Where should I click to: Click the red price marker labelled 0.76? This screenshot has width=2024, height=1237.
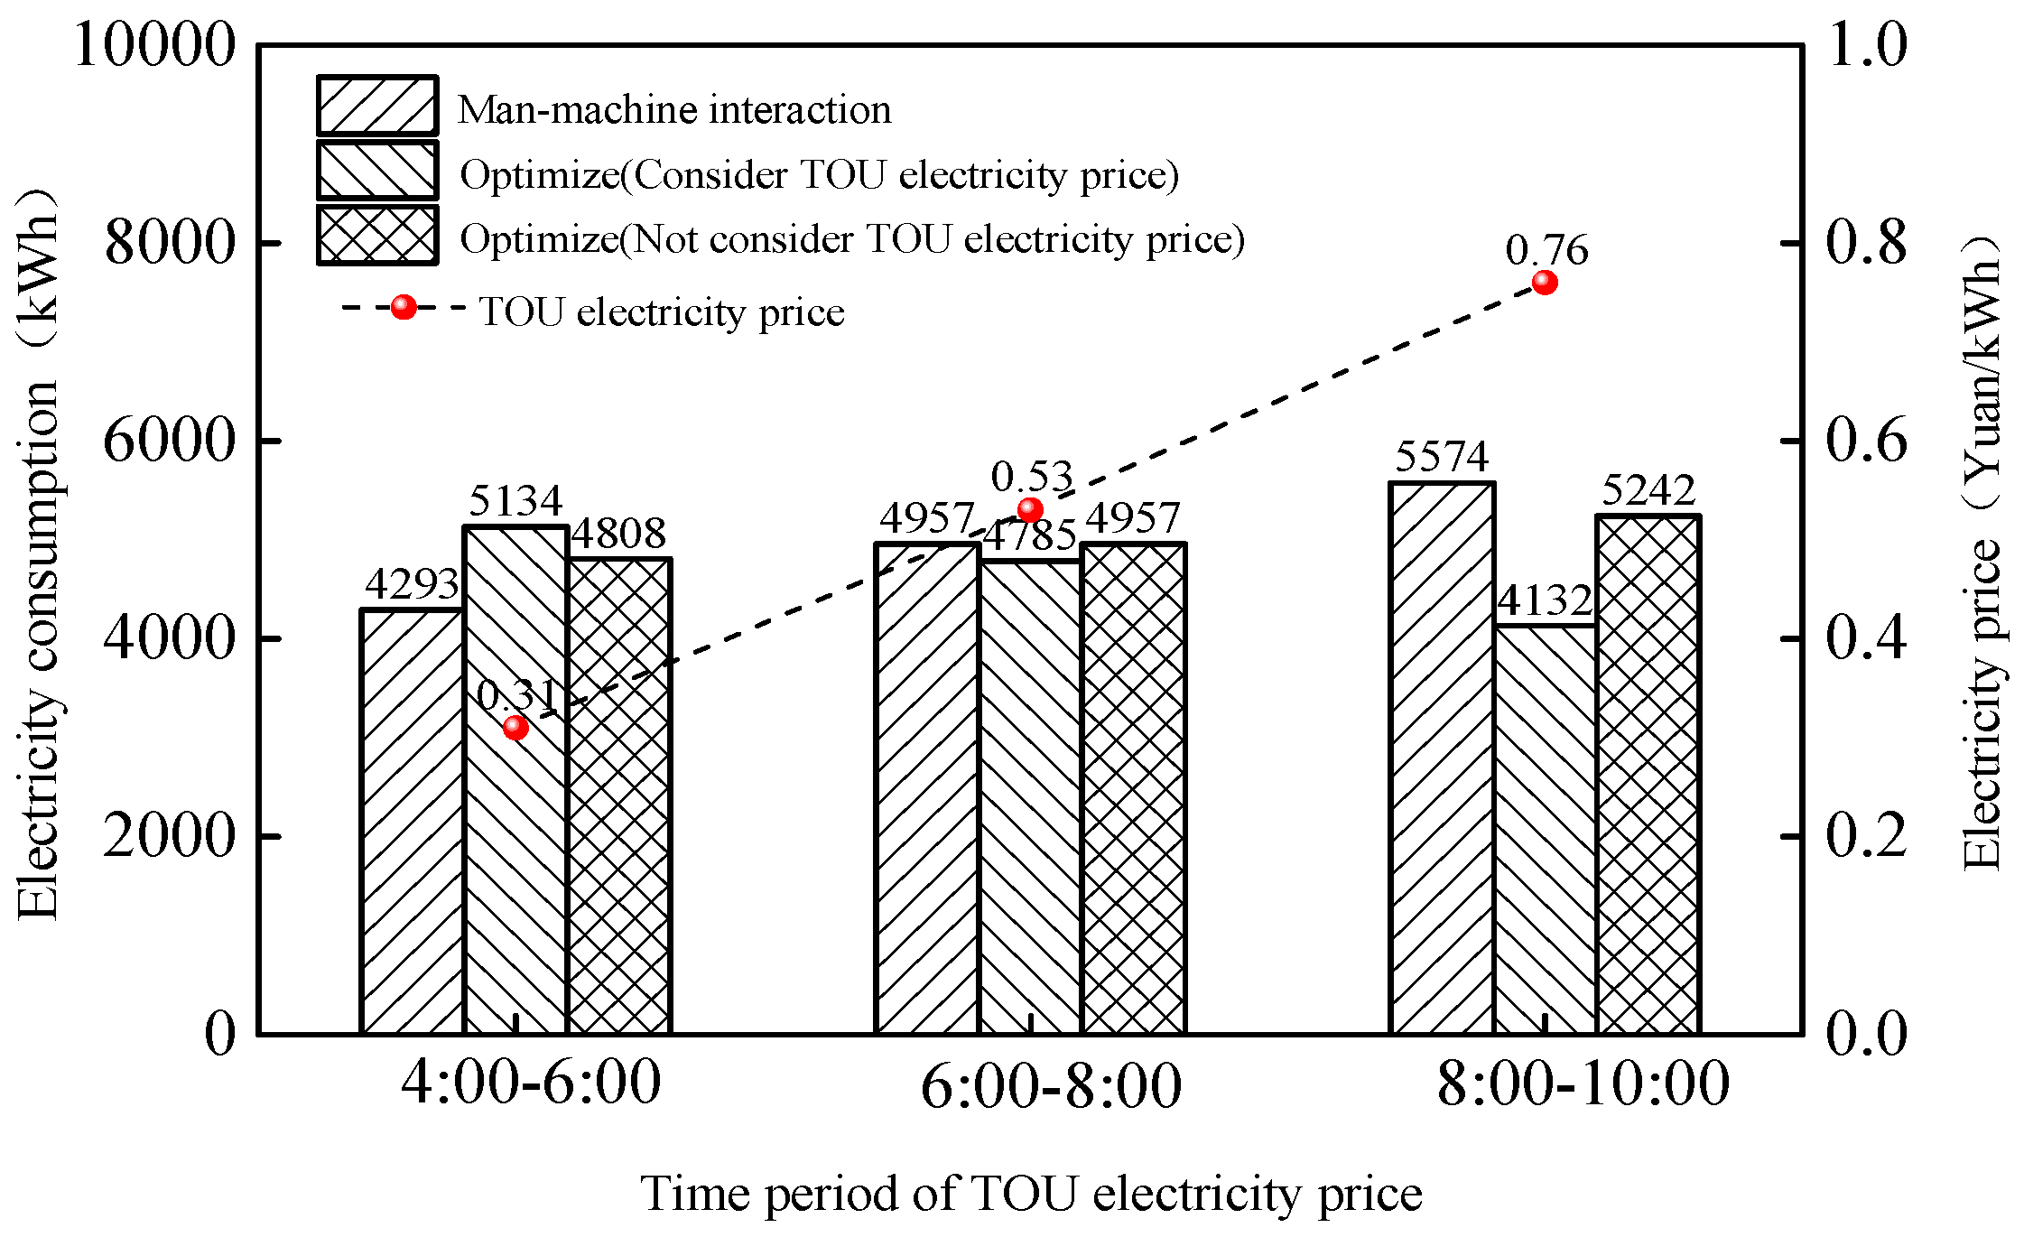coord(1545,283)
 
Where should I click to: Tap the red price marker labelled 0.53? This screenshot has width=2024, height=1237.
coord(1030,510)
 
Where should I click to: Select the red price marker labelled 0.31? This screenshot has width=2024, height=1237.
coord(515,727)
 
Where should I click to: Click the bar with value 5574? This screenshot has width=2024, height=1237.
coord(1442,758)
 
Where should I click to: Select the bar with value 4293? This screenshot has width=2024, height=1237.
coord(413,822)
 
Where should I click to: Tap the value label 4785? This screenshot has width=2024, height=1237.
coord(1029,537)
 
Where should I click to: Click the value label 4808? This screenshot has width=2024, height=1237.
coord(619,534)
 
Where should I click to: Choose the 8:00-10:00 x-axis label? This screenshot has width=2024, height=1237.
coord(1583,1084)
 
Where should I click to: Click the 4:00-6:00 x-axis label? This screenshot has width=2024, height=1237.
coord(531,1082)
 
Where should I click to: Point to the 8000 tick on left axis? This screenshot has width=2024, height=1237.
coord(170,242)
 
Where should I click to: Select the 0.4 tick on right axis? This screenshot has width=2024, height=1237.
coord(1866,637)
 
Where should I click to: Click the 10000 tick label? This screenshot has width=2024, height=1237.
coord(154,44)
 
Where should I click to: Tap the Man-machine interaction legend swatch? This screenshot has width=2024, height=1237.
coord(377,106)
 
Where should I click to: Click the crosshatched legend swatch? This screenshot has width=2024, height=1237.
coord(377,236)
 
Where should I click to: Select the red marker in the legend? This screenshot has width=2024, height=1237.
coord(404,308)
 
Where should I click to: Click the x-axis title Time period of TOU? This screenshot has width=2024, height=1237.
coord(1031,1194)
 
